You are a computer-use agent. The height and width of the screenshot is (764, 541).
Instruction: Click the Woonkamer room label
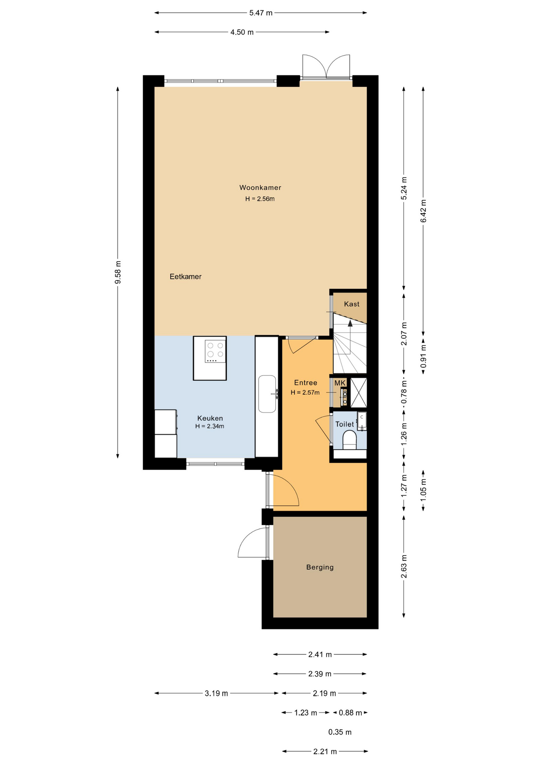click(260, 187)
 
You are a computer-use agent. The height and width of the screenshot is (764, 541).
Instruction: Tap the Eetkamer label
click(185, 277)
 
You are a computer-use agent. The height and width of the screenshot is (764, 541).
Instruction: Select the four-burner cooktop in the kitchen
click(215, 351)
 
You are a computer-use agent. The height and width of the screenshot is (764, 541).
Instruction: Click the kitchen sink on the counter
click(267, 394)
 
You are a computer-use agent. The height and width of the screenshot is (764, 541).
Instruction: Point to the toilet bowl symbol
click(349, 441)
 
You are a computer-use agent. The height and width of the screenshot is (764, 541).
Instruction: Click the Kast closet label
click(351, 304)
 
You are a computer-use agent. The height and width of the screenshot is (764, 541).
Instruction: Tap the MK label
click(339, 383)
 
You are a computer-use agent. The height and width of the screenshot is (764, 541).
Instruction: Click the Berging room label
click(320, 567)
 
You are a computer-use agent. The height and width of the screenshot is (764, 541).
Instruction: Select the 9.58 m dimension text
click(118, 273)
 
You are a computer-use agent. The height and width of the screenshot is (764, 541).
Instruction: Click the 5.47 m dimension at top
click(261, 13)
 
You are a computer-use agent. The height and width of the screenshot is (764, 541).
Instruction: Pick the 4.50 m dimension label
click(242, 32)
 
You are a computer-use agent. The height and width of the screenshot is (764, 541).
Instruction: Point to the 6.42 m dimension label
click(423, 211)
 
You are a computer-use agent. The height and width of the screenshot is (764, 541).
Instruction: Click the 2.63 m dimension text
click(404, 567)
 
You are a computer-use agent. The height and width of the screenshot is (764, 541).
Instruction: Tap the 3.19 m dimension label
click(216, 694)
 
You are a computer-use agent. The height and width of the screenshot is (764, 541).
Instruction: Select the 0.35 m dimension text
click(340, 732)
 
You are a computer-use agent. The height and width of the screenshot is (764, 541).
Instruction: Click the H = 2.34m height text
click(210, 426)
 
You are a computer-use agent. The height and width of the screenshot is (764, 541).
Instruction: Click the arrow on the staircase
click(350, 324)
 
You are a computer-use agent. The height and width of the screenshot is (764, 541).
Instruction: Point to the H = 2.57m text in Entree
click(305, 392)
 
